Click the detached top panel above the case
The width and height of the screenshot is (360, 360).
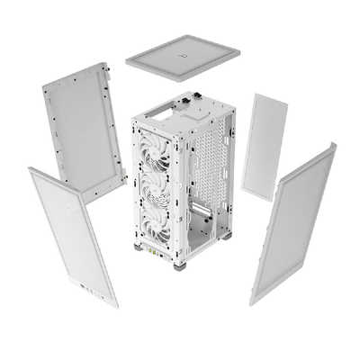coord(183,57)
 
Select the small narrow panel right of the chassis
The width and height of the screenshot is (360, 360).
coord(265,146)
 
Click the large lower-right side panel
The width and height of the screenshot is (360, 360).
coord(293,220)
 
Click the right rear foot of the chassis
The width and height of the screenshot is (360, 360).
coord(226,236)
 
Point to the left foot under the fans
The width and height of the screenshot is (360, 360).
coord(139,243)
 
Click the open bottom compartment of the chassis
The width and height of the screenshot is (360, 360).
coord(202,229)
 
